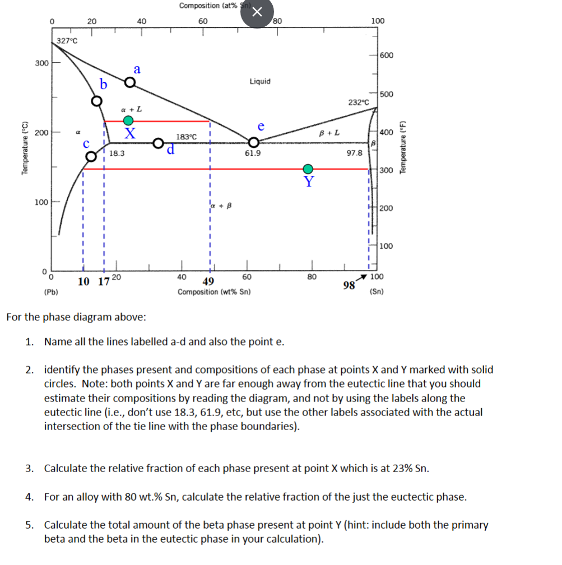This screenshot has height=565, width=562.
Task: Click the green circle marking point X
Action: [129, 120]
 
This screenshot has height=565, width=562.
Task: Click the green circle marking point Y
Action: [308, 169]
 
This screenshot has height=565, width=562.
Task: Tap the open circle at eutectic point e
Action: [254, 142]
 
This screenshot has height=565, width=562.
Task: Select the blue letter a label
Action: [137, 69]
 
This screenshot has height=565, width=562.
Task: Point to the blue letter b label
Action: [103, 85]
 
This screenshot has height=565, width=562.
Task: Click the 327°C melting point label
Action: [68, 40]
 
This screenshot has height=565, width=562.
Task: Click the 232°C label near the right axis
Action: [359, 102]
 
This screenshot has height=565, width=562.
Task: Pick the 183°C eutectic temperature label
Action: [187, 137]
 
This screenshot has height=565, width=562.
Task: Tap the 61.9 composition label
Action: [253, 153]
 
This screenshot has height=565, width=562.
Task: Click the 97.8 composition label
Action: [354, 152]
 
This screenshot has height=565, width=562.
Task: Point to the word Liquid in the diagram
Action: [260, 81]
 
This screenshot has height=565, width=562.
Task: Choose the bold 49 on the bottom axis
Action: [209, 281]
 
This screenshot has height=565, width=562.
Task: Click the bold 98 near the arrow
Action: [349, 285]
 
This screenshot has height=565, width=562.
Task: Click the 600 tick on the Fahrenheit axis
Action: [387, 55]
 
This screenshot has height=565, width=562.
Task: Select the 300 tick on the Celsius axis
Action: [41, 63]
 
